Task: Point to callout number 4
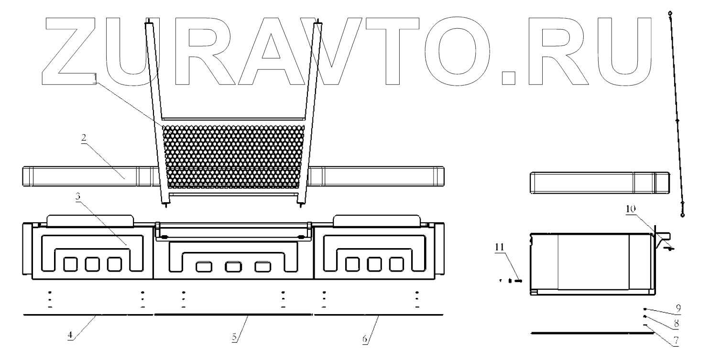click(x=70, y=336)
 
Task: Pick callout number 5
click(x=235, y=336)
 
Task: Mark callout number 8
click(x=676, y=324)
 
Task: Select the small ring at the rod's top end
click(x=670, y=13)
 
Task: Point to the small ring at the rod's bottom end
click(x=682, y=216)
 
